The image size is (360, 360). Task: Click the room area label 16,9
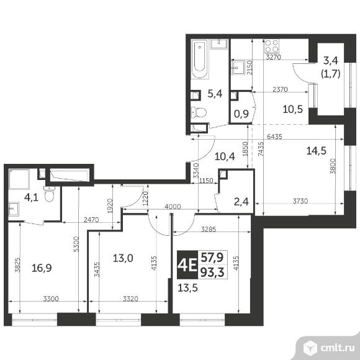[42, 268]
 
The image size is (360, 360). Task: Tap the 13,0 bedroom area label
[123, 258]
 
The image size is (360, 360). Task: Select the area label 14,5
[317, 151]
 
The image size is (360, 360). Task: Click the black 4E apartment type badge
[187, 264]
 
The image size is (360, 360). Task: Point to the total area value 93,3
[212, 272]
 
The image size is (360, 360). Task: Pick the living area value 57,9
[212, 257]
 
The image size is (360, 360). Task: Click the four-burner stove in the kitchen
[272, 46]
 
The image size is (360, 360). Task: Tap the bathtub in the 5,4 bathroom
[199, 59]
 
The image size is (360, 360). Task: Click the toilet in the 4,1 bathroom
[50, 194]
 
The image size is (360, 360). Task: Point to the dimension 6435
[274, 137]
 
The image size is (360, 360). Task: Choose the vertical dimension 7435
[261, 149]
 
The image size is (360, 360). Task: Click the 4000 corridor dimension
[173, 207]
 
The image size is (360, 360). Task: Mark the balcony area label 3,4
[331, 61]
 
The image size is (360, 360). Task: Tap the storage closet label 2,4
[241, 202]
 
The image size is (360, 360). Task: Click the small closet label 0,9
[241, 114]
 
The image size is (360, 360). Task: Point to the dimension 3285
[209, 229]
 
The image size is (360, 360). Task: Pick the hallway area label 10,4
[225, 156]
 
